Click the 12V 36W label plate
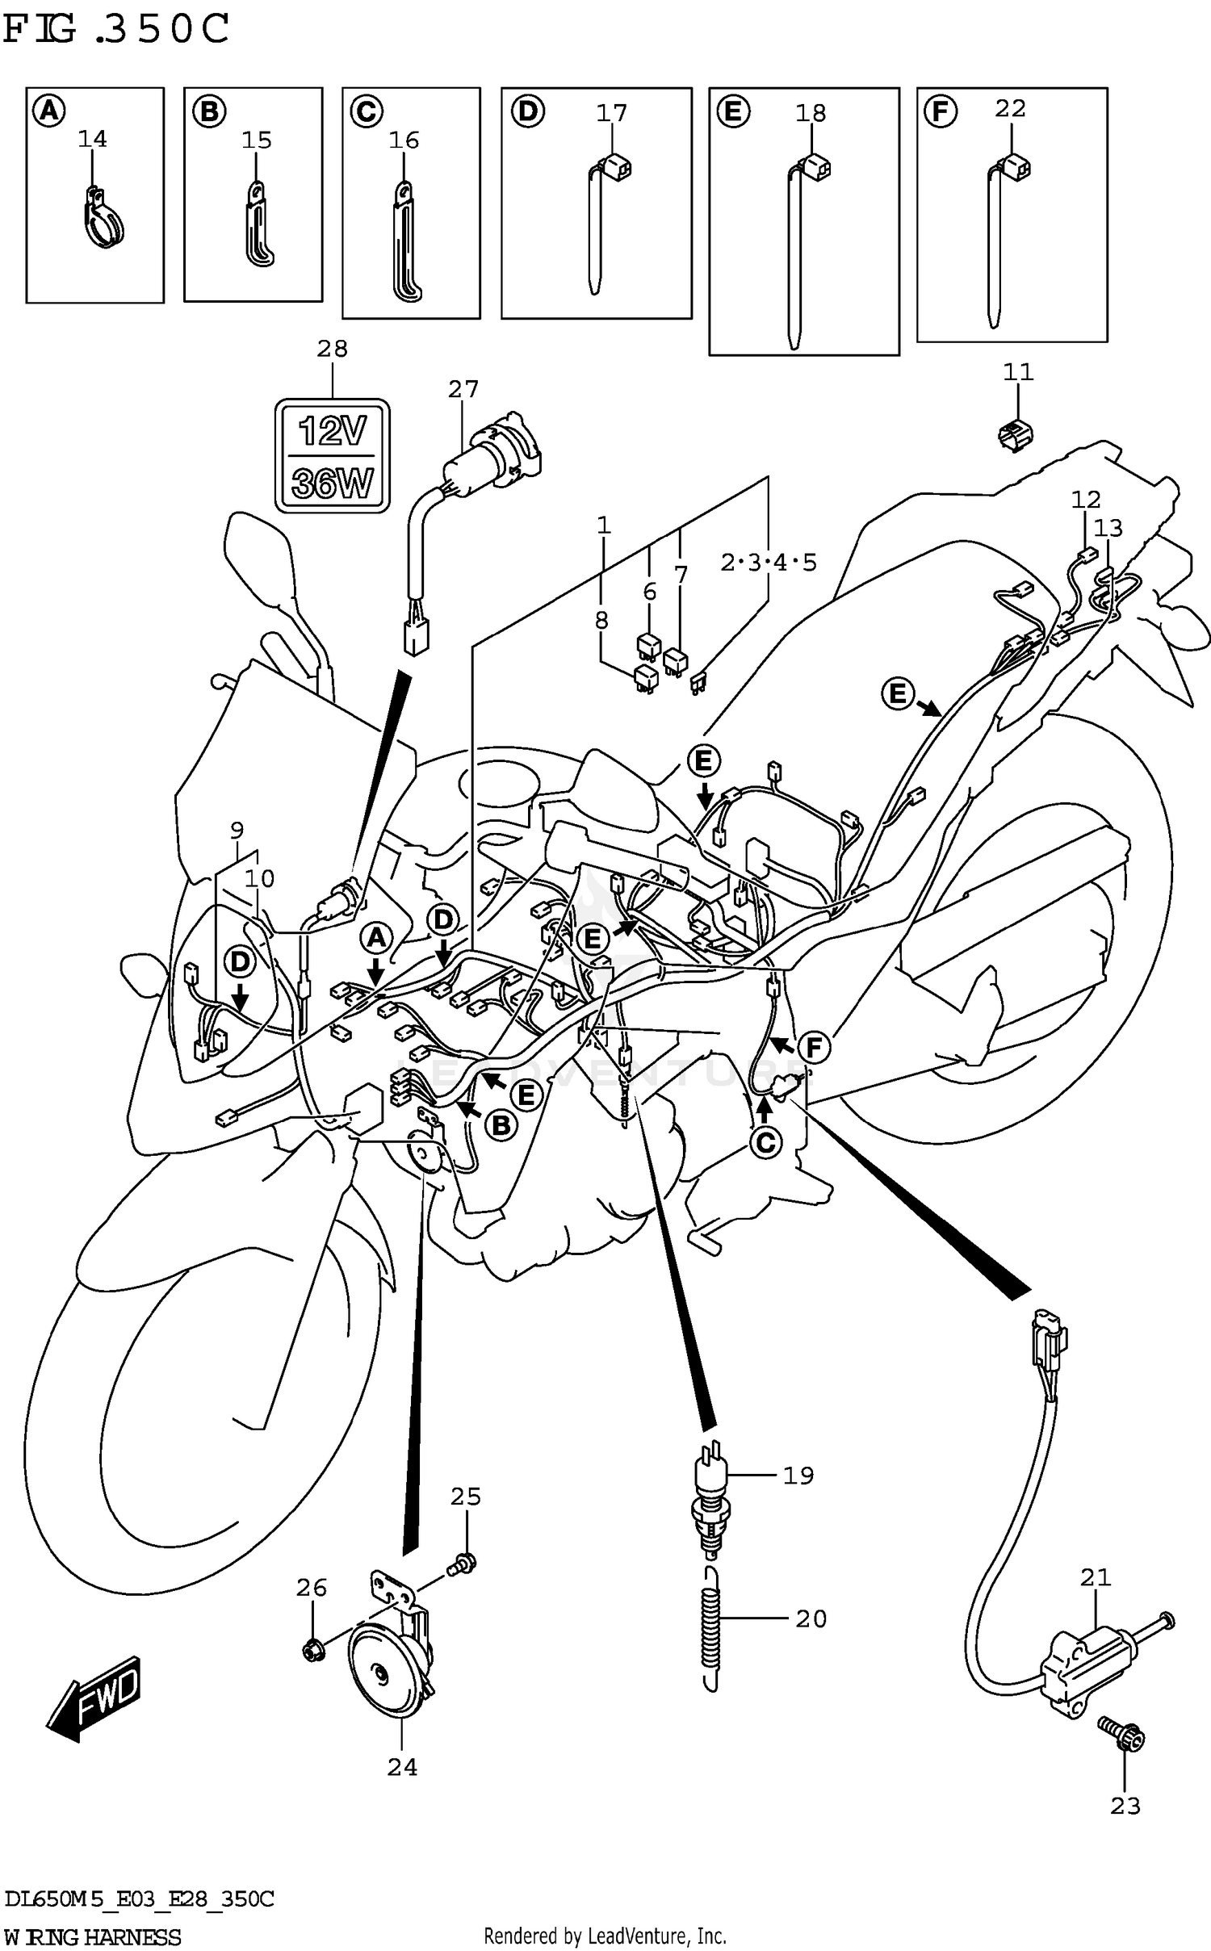[x=332, y=455]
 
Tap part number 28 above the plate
[x=332, y=349]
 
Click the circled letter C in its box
[x=366, y=111]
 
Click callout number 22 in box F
[x=1010, y=108]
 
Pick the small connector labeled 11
[x=1015, y=435]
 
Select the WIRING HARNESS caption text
[x=92, y=1936]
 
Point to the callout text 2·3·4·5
[x=768, y=562]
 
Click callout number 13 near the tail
[x=1108, y=528]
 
